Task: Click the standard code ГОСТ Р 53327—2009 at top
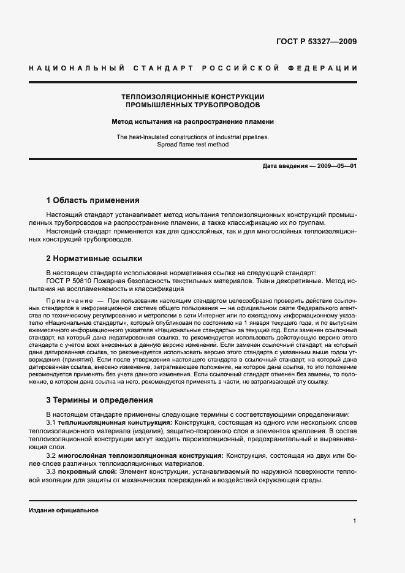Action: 316,42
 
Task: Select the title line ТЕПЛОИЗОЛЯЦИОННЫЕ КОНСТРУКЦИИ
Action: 192,97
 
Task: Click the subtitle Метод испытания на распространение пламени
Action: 192,122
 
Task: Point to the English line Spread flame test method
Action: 192,145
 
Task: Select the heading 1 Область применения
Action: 93,200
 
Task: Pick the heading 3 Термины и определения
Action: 99,400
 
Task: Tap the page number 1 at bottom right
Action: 355,521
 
